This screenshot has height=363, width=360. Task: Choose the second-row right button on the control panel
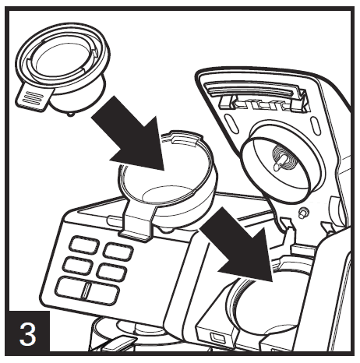pos(114,273)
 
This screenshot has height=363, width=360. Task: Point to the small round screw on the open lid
pos(302,213)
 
